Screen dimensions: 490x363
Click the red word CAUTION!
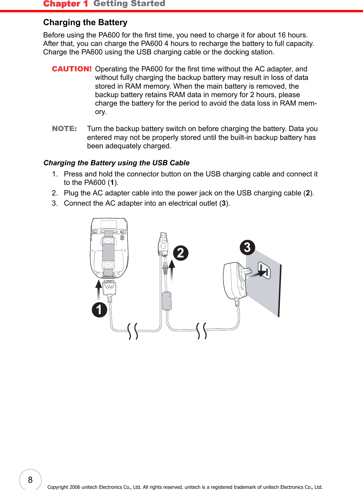point(72,69)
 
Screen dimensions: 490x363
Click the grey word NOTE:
point(64,129)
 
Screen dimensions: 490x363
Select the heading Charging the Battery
point(85,23)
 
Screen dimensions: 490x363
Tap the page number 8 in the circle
point(30,480)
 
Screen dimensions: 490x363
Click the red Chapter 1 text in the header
point(66,4)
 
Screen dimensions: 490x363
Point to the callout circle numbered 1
point(99,310)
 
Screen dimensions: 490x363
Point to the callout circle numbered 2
point(181,253)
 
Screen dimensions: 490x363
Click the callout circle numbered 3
point(247,247)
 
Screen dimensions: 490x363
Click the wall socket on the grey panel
point(264,270)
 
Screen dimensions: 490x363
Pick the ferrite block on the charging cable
point(167,301)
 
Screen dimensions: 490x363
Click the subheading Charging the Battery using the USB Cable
point(117,163)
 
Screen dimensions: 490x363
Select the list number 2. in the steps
point(55,193)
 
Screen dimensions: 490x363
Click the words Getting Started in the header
point(129,4)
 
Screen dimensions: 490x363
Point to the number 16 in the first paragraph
point(282,35)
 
